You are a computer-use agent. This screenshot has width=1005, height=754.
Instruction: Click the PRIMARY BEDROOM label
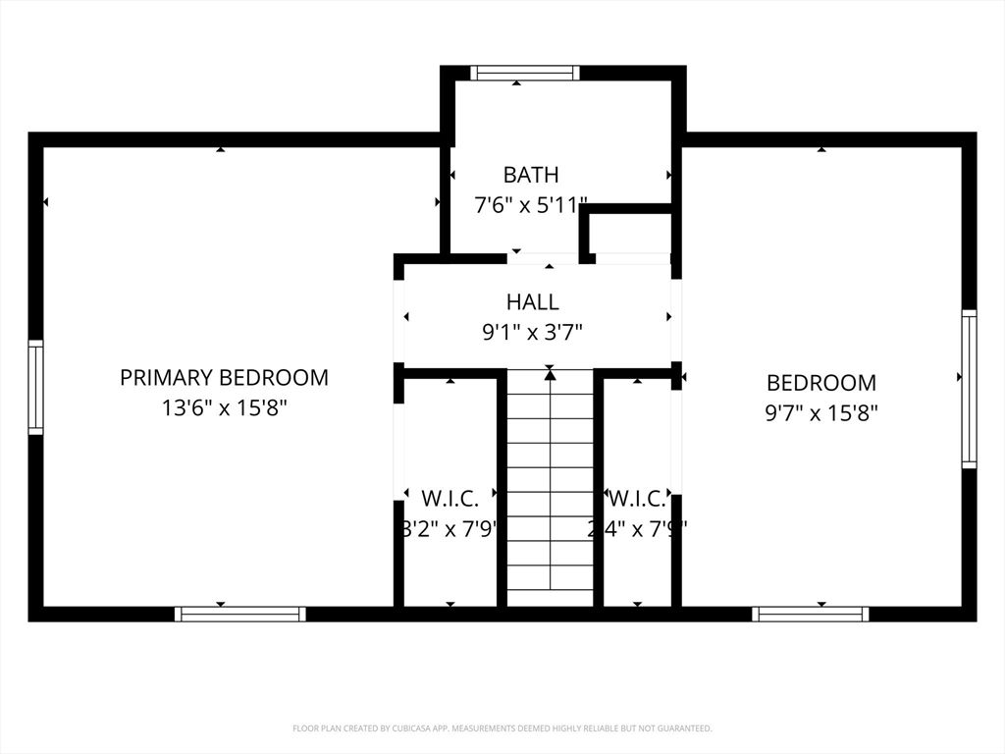tap(224, 377)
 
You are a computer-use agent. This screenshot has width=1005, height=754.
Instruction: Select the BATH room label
tap(531, 175)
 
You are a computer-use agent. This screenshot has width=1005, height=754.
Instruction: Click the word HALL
tap(533, 301)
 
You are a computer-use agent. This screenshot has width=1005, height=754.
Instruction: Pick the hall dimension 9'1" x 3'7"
tap(532, 333)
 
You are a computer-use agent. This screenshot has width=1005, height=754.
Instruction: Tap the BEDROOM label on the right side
tap(821, 383)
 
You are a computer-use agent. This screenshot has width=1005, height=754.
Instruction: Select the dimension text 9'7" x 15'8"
tap(821, 413)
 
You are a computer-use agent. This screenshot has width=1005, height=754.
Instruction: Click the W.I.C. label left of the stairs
tap(450, 497)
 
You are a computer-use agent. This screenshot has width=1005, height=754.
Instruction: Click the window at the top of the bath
tap(524, 73)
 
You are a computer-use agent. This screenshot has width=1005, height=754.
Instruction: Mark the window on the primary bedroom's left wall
tap(35, 387)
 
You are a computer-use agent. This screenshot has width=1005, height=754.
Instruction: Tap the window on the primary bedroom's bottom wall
tap(240, 614)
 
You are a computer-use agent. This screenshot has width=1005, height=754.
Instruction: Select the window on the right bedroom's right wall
tap(969, 389)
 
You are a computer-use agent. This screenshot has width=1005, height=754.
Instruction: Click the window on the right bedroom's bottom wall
tap(811, 614)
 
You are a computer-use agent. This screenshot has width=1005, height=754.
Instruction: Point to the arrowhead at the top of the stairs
tap(550, 374)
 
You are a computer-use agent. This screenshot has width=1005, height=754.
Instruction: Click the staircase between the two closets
tap(550, 491)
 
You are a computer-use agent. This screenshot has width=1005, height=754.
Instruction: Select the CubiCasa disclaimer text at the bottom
tap(502, 728)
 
